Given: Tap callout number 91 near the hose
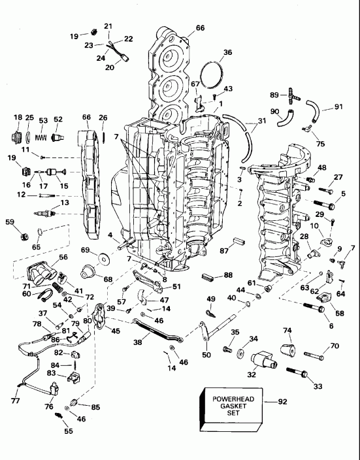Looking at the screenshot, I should [338, 107].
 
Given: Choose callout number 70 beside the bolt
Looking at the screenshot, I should [334, 346].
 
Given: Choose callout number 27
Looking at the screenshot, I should [338, 177].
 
